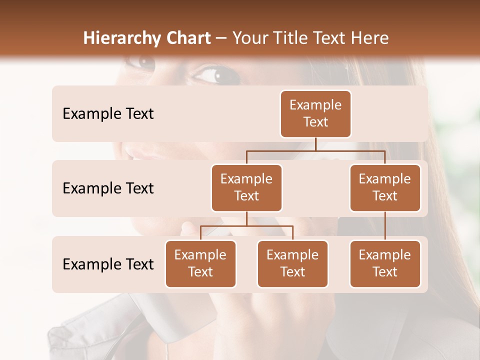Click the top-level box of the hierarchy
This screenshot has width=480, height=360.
tap(315, 113)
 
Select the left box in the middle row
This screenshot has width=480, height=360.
tap(246, 187)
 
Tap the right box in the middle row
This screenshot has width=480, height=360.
tap(385, 187)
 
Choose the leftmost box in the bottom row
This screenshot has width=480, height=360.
tap(200, 263)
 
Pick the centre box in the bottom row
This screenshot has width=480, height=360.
tap(292, 263)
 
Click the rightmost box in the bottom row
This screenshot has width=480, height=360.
tap(385, 263)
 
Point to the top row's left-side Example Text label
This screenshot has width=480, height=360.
tap(108, 114)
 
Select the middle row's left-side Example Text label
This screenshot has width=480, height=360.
tap(108, 188)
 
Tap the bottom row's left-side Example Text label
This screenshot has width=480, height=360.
tap(108, 264)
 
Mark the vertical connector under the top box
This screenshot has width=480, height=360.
tap(315, 144)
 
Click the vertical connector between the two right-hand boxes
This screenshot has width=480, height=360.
tap(385, 226)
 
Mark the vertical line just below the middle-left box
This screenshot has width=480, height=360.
tap(246, 218)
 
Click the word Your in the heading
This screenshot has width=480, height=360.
tap(249, 38)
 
